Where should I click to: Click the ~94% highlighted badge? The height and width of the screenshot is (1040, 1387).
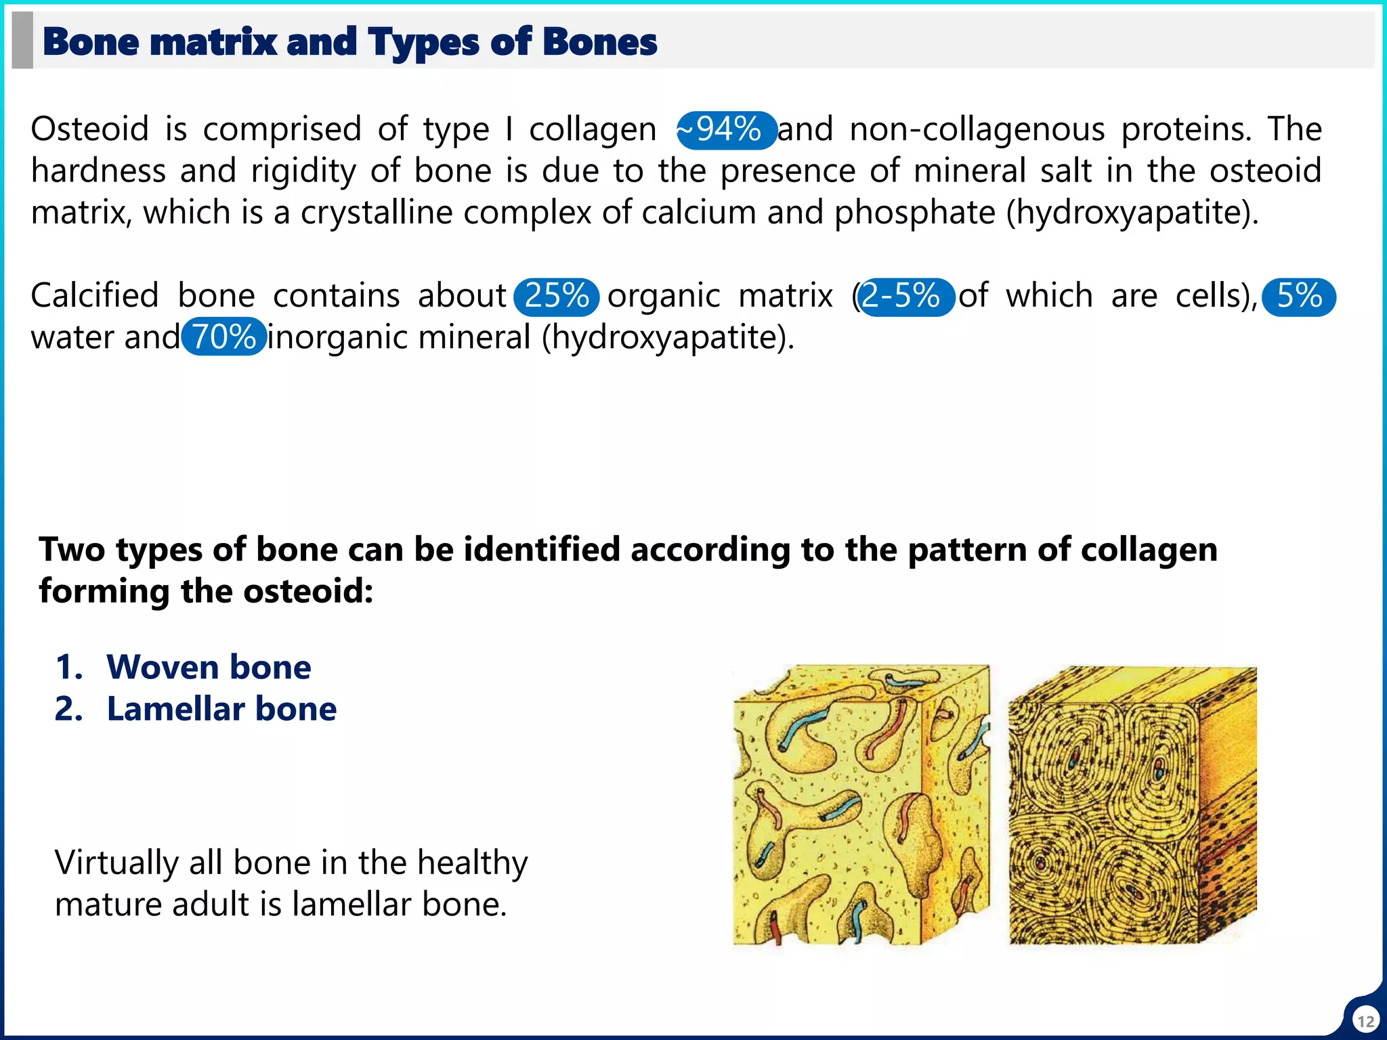[x=727, y=129]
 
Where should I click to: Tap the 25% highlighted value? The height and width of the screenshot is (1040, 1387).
[x=556, y=297]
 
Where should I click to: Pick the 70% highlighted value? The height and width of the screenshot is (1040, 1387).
[x=223, y=337]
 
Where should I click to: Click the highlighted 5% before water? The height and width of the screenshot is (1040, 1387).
[x=1298, y=297]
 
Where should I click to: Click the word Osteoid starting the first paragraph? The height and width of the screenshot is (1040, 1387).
[x=89, y=129]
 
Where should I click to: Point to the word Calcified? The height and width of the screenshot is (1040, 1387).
[x=94, y=296]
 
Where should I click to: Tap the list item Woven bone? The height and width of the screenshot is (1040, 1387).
[x=209, y=667]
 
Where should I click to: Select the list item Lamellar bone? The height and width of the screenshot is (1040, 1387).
[x=221, y=709]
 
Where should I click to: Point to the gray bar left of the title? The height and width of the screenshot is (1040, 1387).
[x=22, y=40]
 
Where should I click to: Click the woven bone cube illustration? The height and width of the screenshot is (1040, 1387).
[x=861, y=805]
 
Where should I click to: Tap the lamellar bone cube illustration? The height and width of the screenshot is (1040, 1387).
[x=1132, y=805]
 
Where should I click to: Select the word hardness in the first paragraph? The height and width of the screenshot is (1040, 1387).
[x=98, y=171]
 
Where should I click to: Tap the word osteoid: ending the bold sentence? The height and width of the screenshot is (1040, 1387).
[x=308, y=591]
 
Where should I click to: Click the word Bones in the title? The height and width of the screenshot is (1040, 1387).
[x=599, y=42]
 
